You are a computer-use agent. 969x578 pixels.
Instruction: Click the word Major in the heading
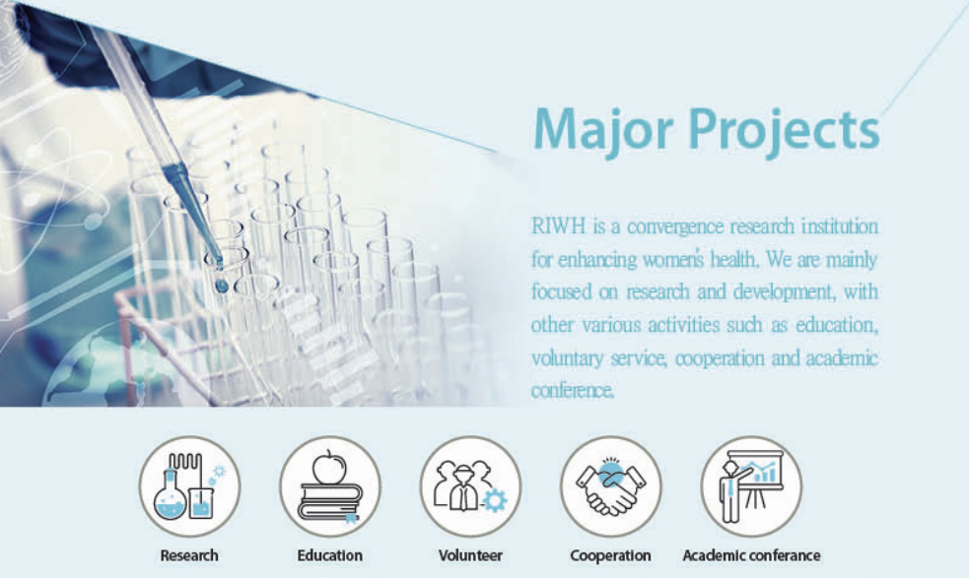click(602, 130)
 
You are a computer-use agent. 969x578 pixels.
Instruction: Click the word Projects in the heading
click(784, 130)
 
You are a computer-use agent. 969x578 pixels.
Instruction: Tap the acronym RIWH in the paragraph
click(558, 226)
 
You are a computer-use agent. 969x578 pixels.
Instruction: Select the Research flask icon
click(189, 486)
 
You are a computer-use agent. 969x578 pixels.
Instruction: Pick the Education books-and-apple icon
click(330, 486)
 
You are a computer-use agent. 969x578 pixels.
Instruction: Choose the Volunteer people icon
click(470, 486)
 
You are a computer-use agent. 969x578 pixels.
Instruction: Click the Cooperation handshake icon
click(610, 486)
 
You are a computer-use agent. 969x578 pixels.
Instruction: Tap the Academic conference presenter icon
click(751, 486)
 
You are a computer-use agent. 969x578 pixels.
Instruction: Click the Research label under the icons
click(189, 555)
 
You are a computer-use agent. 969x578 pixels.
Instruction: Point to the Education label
click(330, 555)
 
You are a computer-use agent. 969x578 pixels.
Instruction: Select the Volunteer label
click(470, 555)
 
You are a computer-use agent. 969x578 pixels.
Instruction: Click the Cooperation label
click(610, 555)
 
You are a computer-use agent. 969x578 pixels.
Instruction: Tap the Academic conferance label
click(751, 555)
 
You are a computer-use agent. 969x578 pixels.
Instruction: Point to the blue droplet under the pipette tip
click(221, 286)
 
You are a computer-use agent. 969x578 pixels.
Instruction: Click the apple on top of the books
click(329, 468)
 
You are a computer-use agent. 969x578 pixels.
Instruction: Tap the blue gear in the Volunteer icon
click(495, 500)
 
